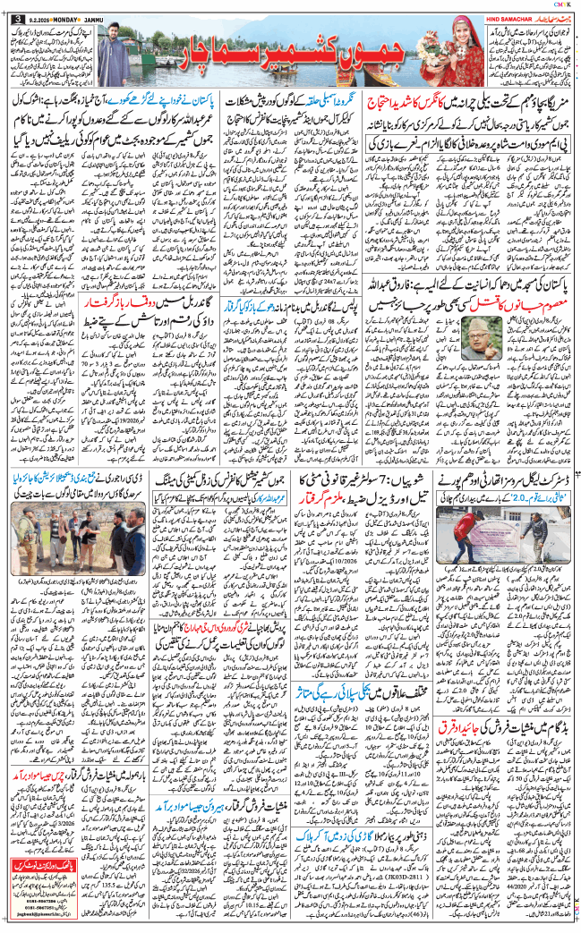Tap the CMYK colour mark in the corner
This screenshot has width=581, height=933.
pos(563,4)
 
